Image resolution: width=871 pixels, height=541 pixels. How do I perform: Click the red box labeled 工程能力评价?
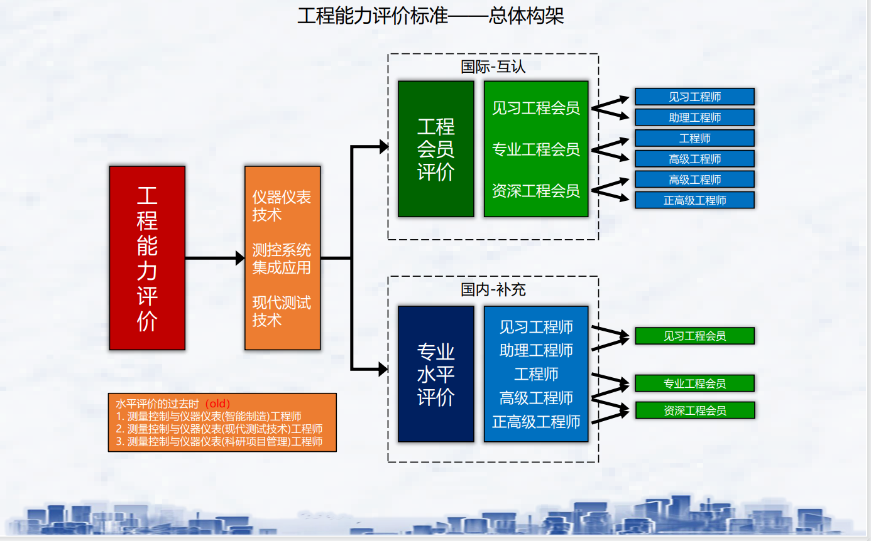(x=147, y=258)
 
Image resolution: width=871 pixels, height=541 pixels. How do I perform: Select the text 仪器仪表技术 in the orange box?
(x=282, y=206)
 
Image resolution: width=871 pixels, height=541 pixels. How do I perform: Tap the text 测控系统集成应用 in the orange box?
(x=282, y=259)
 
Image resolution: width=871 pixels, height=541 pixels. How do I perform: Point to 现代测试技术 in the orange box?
(x=282, y=311)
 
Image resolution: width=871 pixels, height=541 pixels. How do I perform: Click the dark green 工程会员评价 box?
(x=435, y=149)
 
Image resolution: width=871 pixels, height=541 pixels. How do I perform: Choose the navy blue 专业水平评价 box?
(x=435, y=374)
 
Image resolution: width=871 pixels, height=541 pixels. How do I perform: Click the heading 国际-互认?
(x=493, y=67)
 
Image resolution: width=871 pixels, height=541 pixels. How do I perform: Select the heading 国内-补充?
(x=493, y=289)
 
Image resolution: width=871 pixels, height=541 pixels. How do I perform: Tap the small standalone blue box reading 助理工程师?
(x=694, y=117)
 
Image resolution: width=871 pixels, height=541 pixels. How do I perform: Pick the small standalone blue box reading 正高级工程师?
(x=694, y=200)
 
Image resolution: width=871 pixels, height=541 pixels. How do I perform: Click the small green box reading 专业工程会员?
(x=694, y=383)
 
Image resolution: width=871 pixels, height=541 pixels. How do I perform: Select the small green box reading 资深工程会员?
(x=694, y=410)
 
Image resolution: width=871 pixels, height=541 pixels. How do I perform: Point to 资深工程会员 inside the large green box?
(x=535, y=191)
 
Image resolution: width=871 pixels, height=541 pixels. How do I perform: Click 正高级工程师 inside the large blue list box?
(x=535, y=421)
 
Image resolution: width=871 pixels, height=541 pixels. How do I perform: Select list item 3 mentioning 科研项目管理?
(x=219, y=441)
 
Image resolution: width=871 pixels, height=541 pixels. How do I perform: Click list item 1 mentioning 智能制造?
(x=209, y=416)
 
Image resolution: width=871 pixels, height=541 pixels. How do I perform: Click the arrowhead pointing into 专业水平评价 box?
(x=382, y=369)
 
